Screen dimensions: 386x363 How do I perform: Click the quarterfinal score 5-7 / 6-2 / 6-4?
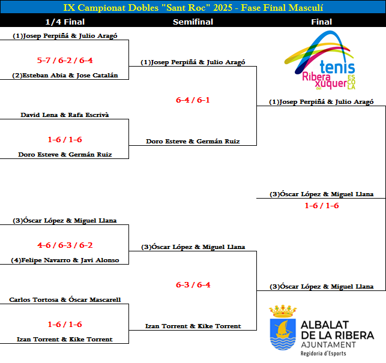(x=65, y=60)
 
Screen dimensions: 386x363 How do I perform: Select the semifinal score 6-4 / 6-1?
(x=193, y=100)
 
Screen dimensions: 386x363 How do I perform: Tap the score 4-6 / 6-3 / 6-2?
(x=65, y=245)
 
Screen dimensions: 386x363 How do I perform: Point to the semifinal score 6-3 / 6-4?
(x=193, y=285)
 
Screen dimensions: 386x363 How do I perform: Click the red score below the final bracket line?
(x=322, y=205)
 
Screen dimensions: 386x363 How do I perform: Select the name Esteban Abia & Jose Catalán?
(x=65, y=76)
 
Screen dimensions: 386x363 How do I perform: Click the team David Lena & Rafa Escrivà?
(x=65, y=115)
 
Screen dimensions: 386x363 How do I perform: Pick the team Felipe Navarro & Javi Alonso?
(x=65, y=260)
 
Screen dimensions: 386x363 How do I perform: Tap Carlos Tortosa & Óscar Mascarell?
(x=65, y=299)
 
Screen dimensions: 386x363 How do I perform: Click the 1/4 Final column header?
(x=65, y=22)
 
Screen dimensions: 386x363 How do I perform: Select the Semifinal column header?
(x=193, y=22)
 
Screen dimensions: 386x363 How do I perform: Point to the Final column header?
(x=322, y=22)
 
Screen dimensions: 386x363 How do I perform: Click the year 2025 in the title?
(x=223, y=8)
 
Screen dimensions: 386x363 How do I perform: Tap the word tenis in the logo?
(x=337, y=67)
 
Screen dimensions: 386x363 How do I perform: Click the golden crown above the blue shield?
(x=283, y=311)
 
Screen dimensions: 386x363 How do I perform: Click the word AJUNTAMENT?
(x=328, y=345)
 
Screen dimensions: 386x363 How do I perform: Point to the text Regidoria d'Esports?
(x=323, y=353)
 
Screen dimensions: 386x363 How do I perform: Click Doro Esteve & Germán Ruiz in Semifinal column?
(x=193, y=141)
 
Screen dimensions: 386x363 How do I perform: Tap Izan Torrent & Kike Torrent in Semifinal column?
(x=193, y=326)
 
